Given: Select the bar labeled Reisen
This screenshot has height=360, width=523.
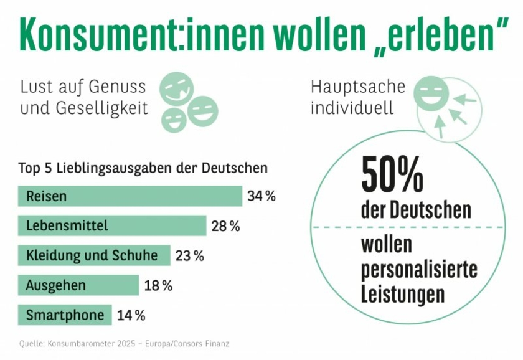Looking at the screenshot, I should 130,196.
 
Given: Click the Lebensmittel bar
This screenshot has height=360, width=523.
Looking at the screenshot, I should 112,225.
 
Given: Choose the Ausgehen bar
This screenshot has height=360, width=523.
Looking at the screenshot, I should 78,285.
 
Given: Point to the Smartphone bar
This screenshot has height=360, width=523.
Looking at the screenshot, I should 65,315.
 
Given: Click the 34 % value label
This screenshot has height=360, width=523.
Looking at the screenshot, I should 261,196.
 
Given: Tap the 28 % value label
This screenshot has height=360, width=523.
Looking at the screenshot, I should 225,226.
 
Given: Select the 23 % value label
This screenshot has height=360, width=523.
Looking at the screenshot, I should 189,256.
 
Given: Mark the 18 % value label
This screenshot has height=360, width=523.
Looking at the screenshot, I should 158,286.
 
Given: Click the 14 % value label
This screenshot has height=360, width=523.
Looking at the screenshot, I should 131,315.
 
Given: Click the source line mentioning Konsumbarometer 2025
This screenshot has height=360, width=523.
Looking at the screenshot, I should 124,343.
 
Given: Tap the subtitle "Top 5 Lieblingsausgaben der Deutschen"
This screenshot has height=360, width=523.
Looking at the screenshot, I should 143,168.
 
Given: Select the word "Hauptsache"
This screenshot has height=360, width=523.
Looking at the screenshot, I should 357,87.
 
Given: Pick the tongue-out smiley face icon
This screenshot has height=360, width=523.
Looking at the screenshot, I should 176,88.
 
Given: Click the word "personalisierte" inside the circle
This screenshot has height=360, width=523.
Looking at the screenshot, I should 419,269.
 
